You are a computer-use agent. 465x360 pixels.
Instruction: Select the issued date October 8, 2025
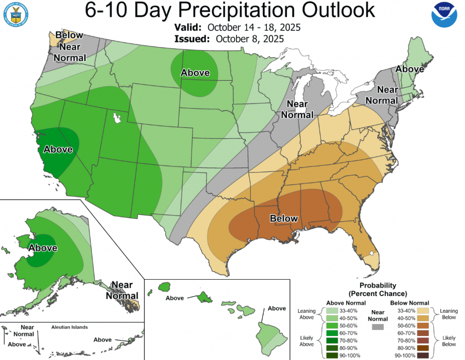(x=250, y=39)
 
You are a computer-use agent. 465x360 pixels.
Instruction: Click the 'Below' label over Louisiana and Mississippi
(x=284, y=218)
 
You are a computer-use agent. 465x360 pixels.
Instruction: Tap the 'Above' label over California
(x=58, y=149)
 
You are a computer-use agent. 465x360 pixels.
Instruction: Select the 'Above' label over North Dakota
(x=195, y=73)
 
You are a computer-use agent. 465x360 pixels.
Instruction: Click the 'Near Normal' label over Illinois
(x=295, y=109)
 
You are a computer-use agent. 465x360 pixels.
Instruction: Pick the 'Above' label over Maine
(x=410, y=69)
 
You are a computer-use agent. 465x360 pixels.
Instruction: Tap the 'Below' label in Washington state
(x=69, y=35)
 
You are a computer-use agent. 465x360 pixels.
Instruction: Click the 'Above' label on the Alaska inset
(x=43, y=248)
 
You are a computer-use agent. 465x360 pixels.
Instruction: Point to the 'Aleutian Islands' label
(x=69, y=327)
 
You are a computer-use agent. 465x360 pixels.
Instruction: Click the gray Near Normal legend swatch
(x=377, y=327)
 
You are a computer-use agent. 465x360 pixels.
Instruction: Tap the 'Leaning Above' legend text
(x=307, y=314)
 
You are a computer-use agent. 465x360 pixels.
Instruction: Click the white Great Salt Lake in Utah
(x=117, y=118)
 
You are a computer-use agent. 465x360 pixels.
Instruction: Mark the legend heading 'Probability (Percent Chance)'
(x=377, y=289)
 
